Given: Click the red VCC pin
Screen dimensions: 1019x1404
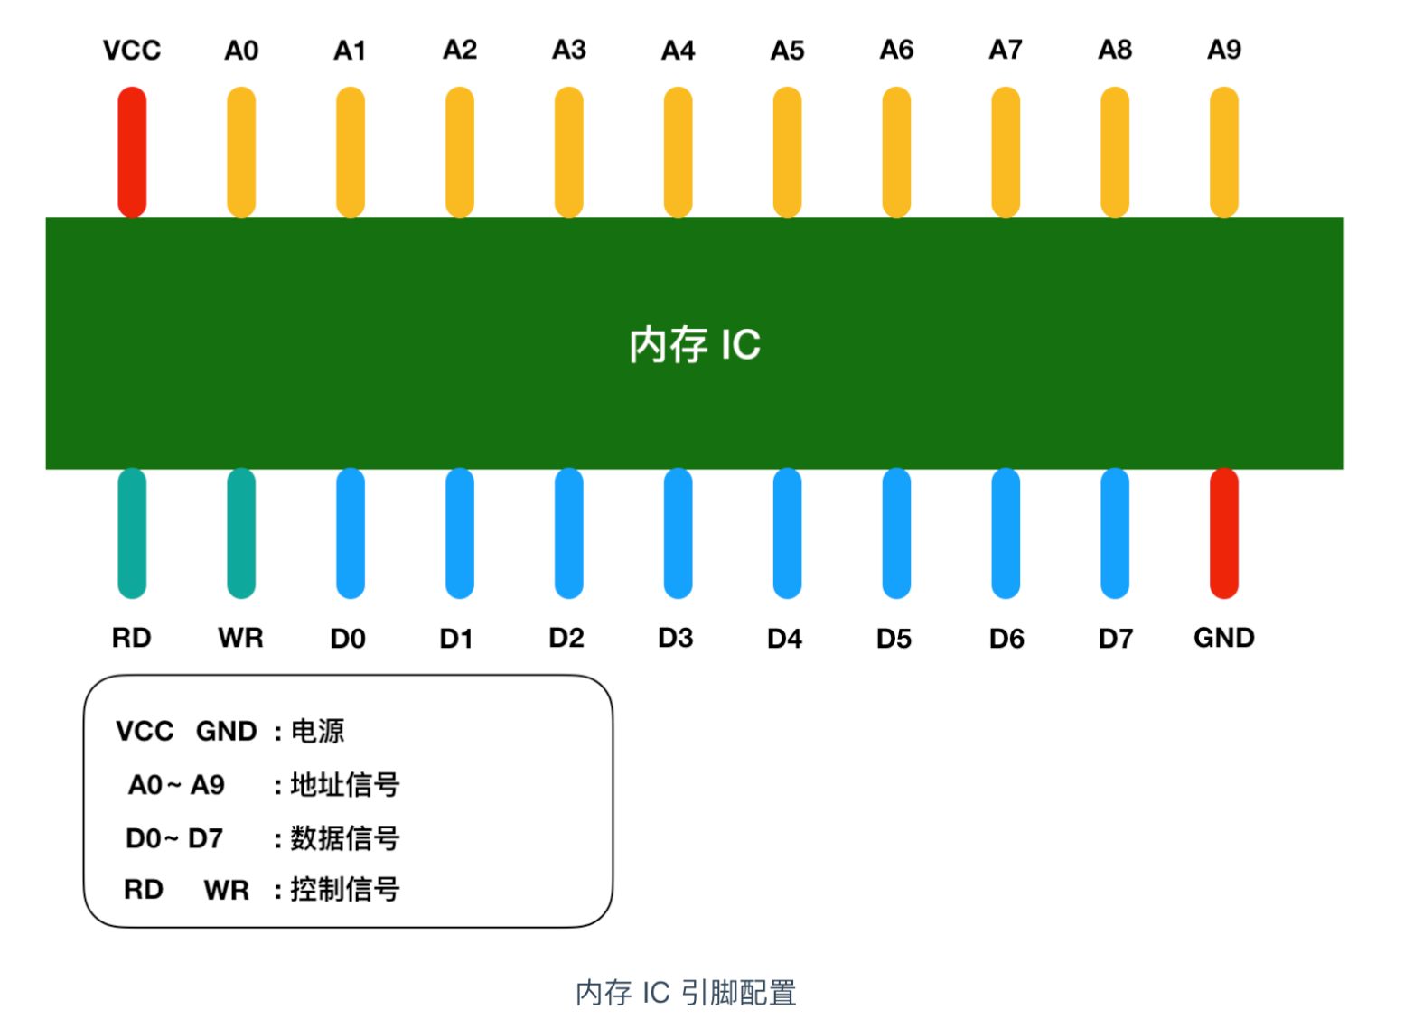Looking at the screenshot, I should coord(132,152).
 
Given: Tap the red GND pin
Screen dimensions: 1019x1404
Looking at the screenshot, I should coord(1223,533).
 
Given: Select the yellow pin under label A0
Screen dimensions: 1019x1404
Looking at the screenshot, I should coord(241,152).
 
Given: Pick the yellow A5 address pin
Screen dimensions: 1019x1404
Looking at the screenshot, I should coord(787,152).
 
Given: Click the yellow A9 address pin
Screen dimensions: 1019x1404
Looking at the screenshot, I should coord(1223,152).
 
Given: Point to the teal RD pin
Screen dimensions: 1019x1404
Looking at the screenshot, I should coord(132,533).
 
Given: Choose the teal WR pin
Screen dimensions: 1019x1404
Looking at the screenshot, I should coord(241,533).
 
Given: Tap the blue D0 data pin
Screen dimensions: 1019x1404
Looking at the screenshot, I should coord(351,533).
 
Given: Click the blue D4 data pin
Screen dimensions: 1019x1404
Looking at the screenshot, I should coord(787,533).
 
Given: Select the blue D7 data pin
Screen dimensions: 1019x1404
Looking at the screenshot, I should coord(1115,533).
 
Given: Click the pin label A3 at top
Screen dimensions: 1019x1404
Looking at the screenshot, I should coord(569,50).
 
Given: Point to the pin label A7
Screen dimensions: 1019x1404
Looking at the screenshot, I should coord(1006,50).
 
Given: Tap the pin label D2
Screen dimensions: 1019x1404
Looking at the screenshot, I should coord(566,638).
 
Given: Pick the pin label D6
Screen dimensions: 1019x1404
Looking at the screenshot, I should coord(1006,639).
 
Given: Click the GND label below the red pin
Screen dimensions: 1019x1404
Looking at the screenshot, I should coord(1223,638).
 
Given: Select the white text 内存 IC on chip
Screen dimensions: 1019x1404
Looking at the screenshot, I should coord(695,345).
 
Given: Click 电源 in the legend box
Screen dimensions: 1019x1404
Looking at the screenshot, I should coord(317,730).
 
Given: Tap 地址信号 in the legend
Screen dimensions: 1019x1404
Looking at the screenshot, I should coord(344,784).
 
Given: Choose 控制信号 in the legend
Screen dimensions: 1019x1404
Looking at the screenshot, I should coord(344,889).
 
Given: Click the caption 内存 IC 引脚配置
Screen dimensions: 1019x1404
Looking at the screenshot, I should coord(686,992).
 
